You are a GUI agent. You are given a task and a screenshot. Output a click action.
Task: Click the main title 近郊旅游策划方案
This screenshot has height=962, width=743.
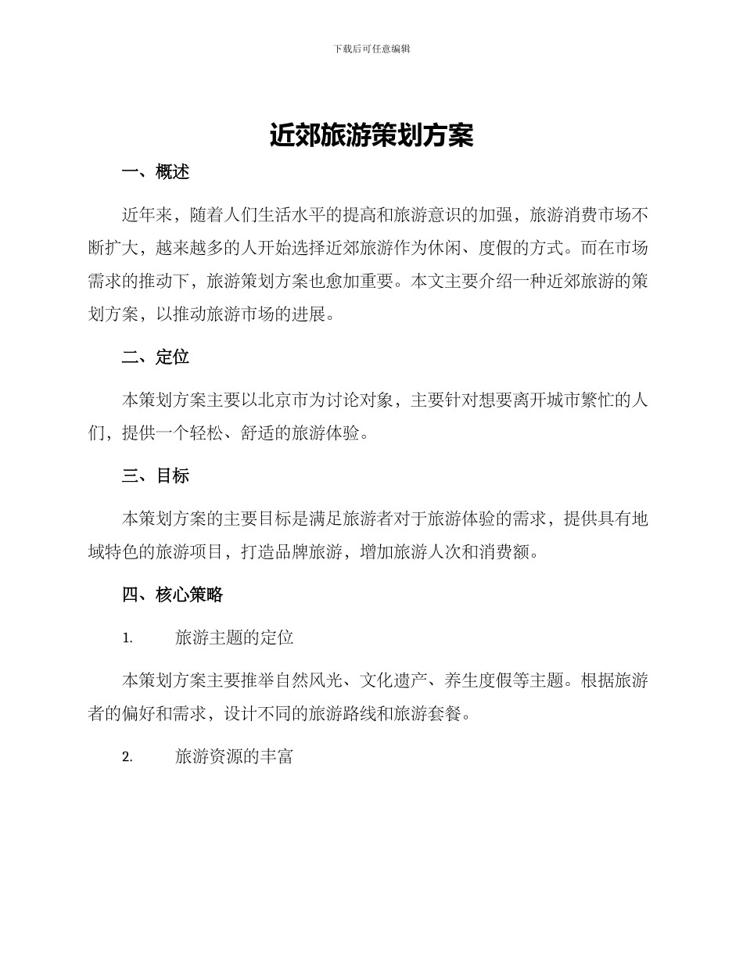(x=371, y=135)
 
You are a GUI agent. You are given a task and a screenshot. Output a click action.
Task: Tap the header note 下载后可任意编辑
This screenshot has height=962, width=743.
(x=371, y=48)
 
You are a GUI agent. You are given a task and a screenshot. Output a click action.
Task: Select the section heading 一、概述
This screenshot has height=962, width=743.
(x=156, y=172)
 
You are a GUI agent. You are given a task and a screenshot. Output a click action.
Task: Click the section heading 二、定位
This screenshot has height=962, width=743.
(x=156, y=357)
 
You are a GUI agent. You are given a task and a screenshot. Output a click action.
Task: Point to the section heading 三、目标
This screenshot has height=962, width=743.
(x=156, y=476)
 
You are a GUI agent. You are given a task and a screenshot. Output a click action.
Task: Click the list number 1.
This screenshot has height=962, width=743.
(x=127, y=638)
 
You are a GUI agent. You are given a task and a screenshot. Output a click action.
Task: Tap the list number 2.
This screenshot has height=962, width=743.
(x=127, y=757)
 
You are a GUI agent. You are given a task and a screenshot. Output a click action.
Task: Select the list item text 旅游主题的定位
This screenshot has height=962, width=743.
(x=235, y=637)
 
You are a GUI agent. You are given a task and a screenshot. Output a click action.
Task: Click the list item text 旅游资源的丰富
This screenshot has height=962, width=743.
(x=235, y=756)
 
